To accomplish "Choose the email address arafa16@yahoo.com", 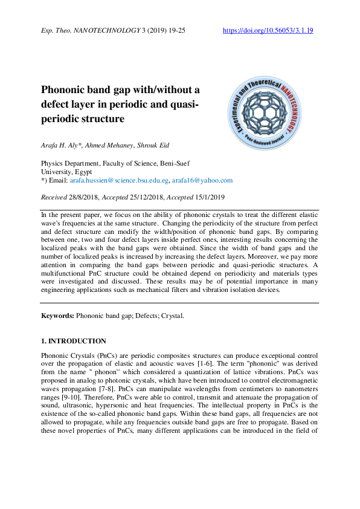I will (202, 180).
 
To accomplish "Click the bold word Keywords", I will (57, 316).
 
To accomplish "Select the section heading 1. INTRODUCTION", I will (73, 341).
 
